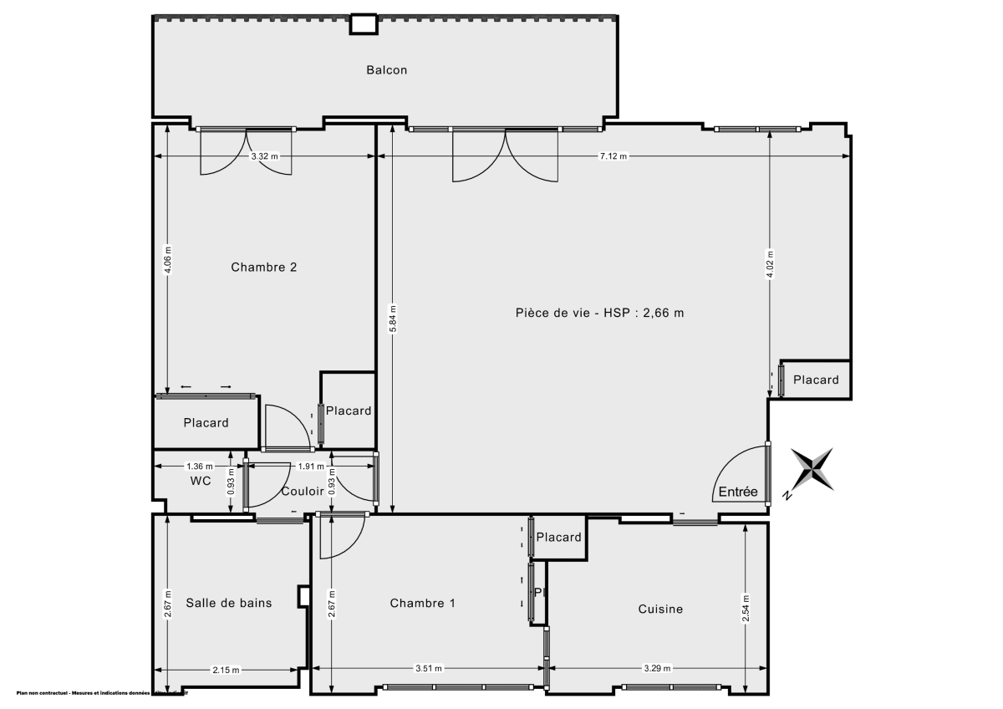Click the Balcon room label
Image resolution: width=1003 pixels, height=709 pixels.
pos(386,70)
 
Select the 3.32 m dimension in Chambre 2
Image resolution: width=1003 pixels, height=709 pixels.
pos(265,156)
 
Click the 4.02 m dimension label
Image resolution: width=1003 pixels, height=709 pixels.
pos(770,265)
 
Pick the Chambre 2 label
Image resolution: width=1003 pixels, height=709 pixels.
pos(264,268)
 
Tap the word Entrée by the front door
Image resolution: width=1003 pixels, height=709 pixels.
pos(738,492)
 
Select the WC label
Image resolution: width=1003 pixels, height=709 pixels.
pos(200,481)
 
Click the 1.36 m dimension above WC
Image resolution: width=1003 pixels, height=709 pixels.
pos(199,466)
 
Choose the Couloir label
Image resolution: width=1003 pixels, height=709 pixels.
pos(302,492)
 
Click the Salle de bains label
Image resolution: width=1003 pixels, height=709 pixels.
pos(228,603)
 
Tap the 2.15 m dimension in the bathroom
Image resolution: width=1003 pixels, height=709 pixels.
pos(226,670)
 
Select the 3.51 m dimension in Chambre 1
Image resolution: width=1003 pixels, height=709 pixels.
pos(429,668)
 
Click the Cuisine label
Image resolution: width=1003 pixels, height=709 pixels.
pos(660,609)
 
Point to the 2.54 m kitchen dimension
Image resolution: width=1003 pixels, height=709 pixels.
pos(746,608)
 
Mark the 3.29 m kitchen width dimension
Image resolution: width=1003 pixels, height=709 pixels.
pos(657,668)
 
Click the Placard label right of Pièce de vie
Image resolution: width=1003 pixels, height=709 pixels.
pos(816,380)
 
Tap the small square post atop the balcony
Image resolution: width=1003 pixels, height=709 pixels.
pos(363,24)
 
